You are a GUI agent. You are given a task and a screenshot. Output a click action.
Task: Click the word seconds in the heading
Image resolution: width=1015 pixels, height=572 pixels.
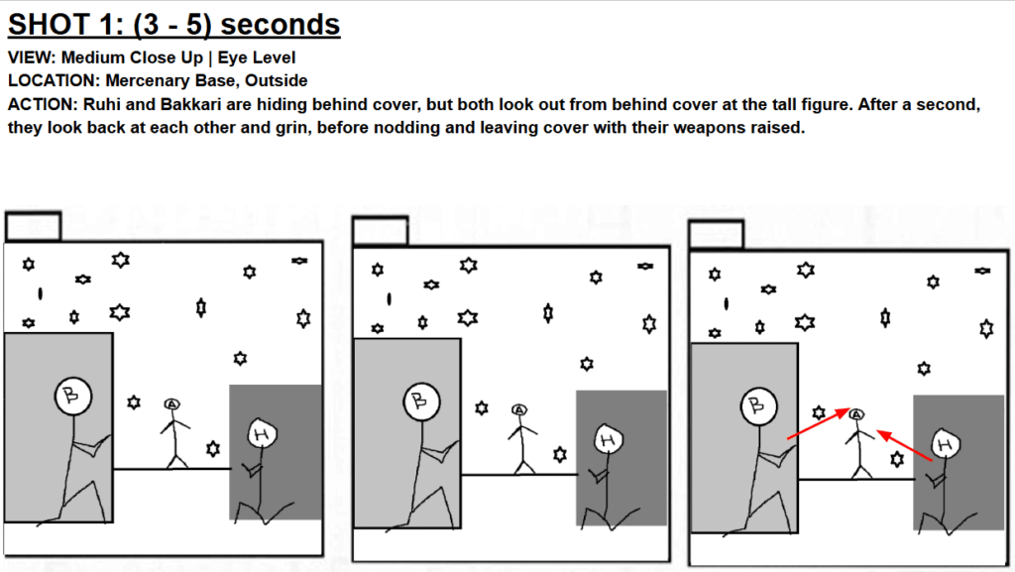click(281, 25)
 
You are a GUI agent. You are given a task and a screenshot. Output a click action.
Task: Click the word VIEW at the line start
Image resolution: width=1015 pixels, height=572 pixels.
click(32, 57)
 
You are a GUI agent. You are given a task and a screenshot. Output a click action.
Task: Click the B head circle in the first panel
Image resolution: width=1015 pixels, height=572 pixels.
click(73, 396)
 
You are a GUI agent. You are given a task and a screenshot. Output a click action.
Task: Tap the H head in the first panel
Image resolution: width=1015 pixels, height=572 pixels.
click(262, 433)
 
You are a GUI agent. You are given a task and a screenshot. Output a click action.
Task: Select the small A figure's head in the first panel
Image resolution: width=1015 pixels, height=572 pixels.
click(171, 404)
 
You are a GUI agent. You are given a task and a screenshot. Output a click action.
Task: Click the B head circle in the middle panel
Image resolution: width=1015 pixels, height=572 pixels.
click(421, 401)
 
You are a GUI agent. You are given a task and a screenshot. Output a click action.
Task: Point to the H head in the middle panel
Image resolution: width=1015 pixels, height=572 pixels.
click(608, 439)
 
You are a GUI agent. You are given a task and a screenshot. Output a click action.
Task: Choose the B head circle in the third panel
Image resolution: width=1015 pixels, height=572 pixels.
click(758, 405)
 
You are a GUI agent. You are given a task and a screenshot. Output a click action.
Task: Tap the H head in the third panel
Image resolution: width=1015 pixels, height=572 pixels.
click(946, 444)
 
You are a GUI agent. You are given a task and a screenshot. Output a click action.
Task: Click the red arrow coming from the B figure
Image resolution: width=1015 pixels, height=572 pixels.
click(818, 423)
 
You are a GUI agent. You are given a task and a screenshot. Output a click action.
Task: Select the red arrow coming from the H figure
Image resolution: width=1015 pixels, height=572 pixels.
click(904, 445)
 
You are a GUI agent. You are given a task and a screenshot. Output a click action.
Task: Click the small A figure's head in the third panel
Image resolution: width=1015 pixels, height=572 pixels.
click(856, 414)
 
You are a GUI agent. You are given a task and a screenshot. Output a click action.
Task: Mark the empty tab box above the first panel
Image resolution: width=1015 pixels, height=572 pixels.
click(33, 226)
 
